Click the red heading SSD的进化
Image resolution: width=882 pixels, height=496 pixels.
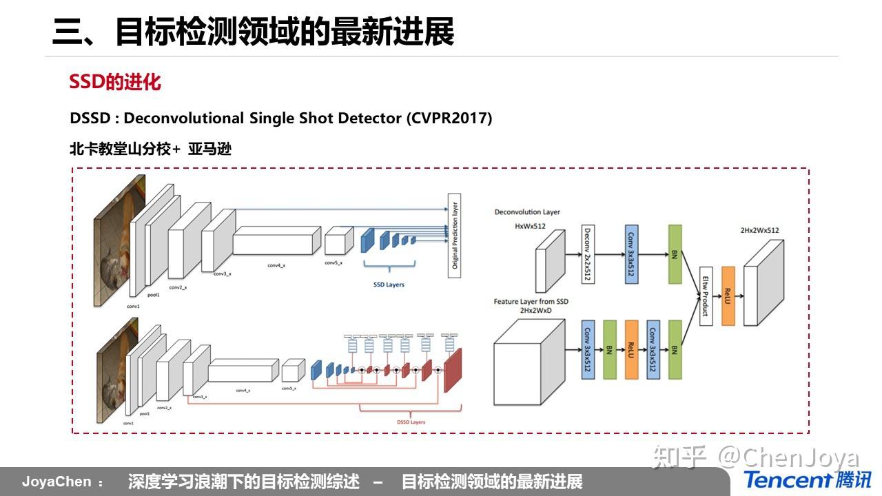coord(115,83)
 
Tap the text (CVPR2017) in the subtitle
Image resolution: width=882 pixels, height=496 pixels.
coord(449,118)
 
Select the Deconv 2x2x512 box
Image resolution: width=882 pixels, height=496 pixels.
coord(588,254)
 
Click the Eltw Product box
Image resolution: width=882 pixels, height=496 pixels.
coord(705,296)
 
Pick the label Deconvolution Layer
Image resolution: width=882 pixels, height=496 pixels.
coord(527,212)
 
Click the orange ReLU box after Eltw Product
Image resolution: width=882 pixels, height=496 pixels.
coord(728,296)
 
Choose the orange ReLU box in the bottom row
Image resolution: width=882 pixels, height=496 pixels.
coord(631,349)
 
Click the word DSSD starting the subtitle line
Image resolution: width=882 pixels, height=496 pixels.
coord(90,118)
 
